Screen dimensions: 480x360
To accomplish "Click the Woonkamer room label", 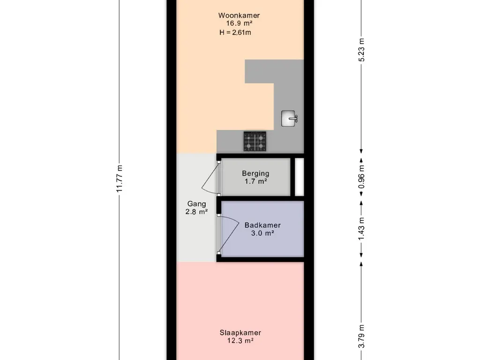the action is (239, 15).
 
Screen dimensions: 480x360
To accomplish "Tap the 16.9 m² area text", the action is (239, 23).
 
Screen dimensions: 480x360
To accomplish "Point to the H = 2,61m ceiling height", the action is (235, 32).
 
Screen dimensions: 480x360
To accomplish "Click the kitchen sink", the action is (289, 119).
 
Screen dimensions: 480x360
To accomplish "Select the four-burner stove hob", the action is (255, 141).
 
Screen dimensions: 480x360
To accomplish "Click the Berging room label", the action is (255, 173).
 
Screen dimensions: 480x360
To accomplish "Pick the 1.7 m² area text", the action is (255, 181).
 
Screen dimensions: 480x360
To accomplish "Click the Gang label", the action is (196, 204).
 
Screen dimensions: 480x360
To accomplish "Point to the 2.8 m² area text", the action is (196, 211).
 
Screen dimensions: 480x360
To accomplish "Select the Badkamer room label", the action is (262, 225).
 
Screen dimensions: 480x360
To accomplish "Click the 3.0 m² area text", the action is (262, 233).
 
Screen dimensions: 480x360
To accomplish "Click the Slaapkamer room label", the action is (240, 333).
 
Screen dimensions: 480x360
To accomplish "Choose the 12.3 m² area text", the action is (240, 341).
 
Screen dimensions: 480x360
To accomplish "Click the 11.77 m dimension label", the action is (120, 179).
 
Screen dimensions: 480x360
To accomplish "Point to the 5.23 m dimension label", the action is (361, 50).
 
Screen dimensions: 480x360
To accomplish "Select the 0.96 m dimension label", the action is (361, 177).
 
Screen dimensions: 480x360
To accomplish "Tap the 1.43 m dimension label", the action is (361, 229).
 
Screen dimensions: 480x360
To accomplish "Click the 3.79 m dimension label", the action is (361, 336).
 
